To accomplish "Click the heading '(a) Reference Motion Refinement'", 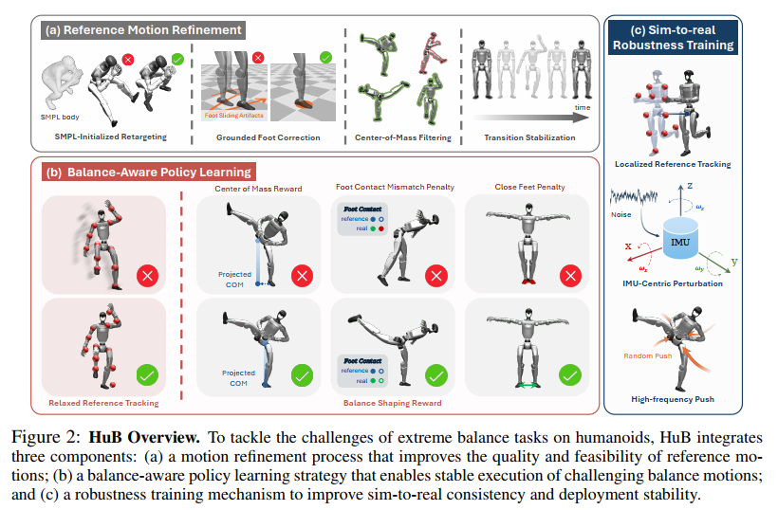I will [142, 29].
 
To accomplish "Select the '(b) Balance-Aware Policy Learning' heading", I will [149, 172].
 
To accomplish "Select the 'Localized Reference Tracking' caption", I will [673, 165].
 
